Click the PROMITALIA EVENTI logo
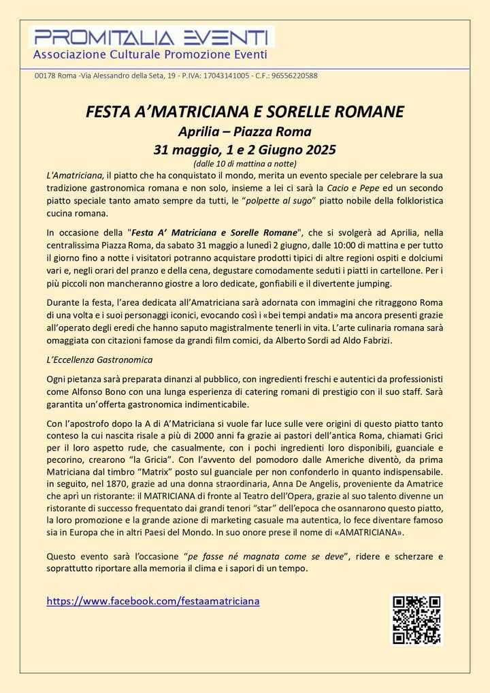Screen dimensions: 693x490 pos(151,38)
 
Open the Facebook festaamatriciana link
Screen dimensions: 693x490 pos(153,601)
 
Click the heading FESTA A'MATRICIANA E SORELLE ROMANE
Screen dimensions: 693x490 pos(245,111)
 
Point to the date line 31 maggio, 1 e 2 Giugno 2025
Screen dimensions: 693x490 pos(245,148)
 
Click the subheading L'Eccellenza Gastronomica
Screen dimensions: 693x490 pos(99,359)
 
